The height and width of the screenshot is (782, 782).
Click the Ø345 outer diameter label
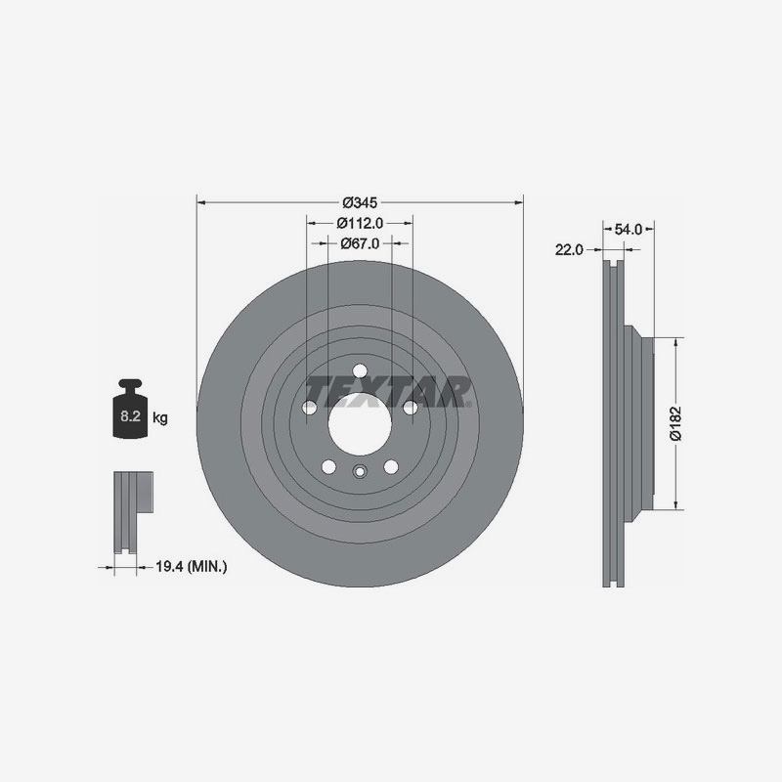[360, 202]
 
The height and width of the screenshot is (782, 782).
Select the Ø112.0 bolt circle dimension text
[360, 223]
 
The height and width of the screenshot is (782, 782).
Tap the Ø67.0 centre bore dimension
[360, 243]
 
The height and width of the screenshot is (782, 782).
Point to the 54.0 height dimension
[626, 229]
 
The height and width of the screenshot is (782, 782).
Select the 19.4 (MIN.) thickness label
[193, 565]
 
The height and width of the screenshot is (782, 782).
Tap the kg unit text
[160, 418]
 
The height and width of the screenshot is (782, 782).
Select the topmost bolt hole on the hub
[360, 369]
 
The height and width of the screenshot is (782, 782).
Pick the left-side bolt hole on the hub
[309, 407]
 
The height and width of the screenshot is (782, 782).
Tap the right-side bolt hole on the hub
[411, 407]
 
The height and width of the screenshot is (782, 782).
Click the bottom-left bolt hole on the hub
[328, 466]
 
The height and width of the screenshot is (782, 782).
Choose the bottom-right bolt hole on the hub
[391, 466]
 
